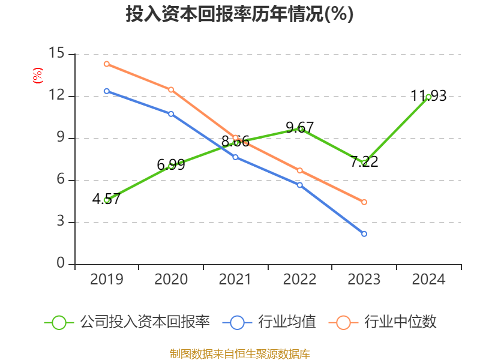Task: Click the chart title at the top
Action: [239, 14]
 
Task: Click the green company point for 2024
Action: [428, 97]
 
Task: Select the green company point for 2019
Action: [107, 200]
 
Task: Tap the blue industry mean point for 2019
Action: [107, 91]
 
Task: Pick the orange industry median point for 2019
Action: [107, 64]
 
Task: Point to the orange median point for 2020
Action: [171, 89]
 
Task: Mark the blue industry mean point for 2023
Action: [364, 234]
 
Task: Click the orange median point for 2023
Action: [364, 202]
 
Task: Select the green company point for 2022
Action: [300, 129]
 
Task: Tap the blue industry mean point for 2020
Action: [171, 113]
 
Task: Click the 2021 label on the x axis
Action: [235, 280]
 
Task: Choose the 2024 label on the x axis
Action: [428, 280]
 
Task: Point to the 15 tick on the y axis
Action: [56, 53]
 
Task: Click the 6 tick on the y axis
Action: [61, 180]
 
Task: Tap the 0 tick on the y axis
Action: [61, 264]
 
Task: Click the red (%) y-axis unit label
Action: [37, 76]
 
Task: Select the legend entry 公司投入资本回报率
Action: [145, 322]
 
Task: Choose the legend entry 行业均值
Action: [287, 322]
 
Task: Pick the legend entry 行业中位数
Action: [400, 322]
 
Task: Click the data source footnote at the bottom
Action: [239, 353]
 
